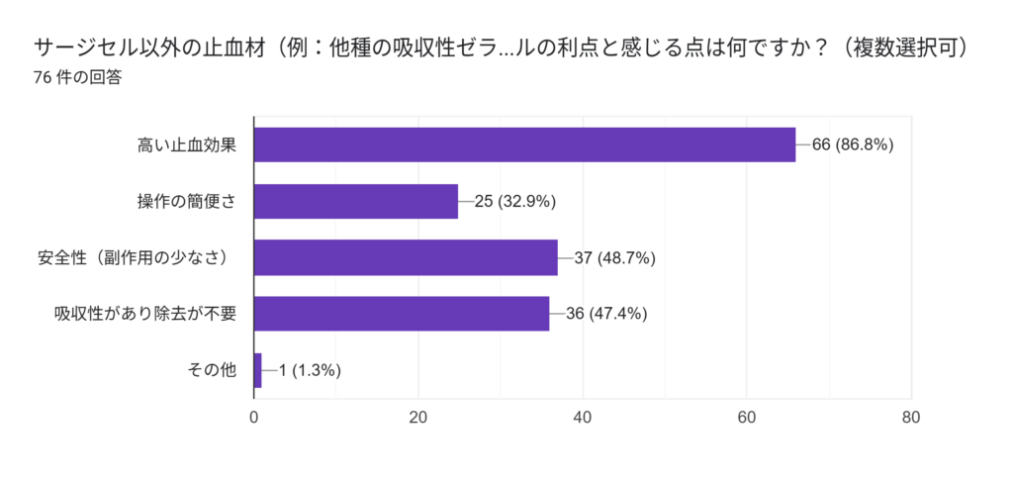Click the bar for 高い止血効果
click(524, 145)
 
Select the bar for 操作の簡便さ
click(356, 201)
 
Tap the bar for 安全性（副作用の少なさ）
click(406, 257)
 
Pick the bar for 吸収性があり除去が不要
click(402, 314)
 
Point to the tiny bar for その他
click(258, 370)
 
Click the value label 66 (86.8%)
click(853, 145)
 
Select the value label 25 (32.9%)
click(515, 201)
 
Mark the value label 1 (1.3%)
click(310, 370)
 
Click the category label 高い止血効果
click(187, 145)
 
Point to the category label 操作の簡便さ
click(187, 201)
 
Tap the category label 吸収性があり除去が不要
click(146, 314)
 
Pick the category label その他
click(213, 370)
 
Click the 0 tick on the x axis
click(254, 417)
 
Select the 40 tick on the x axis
click(583, 417)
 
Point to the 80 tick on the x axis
click(911, 417)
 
